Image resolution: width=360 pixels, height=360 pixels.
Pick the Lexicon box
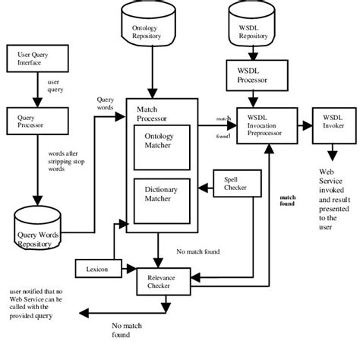93,269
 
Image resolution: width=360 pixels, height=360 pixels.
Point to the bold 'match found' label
288,201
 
